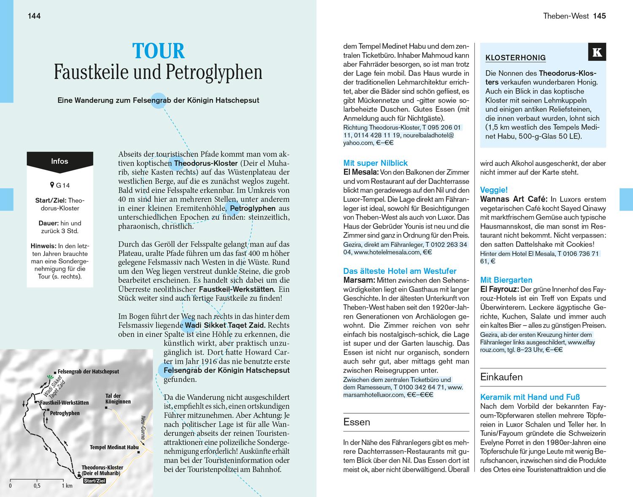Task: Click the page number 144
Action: click(x=34, y=16)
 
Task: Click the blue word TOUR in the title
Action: click(x=158, y=52)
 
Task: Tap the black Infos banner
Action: click(x=60, y=161)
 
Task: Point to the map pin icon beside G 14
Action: click(x=52, y=185)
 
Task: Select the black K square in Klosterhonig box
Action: click(x=597, y=52)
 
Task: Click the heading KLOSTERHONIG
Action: click(x=515, y=58)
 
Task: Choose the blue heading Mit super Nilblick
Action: click(x=375, y=163)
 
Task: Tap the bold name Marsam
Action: click(x=359, y=280)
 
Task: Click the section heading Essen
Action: click(x=357, y=422)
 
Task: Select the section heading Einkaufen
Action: click(x=501, y=377)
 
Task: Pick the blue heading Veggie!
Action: click(x=494, y=190)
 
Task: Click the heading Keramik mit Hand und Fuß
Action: click(x=530, y=397)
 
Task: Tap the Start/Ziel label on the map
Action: click(x=95, y=481)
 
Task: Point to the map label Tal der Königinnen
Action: click(x=118, y=399)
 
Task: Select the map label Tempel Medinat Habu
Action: click(x=114, y=447)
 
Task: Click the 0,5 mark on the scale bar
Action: click(x=37, y=486)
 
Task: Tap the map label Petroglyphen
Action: click(x=65, y=413)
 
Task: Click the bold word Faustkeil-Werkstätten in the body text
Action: click(x=236, y=289)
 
